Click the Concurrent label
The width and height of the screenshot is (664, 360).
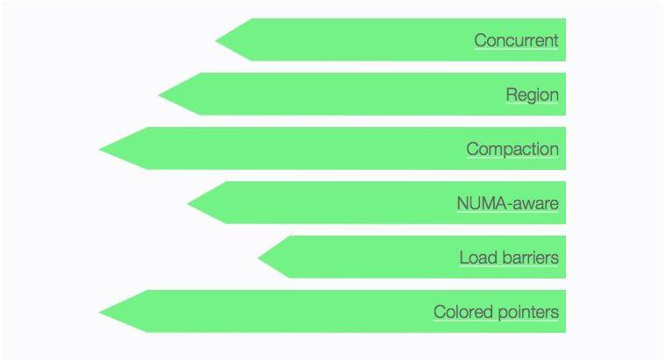tap(516, 40)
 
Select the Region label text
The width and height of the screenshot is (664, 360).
tap(532, 95)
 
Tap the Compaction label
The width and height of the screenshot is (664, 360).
tap(512, 149)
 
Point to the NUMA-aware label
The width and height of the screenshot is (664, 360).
tap(507, 203)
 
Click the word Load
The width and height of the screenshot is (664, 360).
tap(476, 258)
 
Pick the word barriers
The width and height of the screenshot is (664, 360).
tap(527, 258)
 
